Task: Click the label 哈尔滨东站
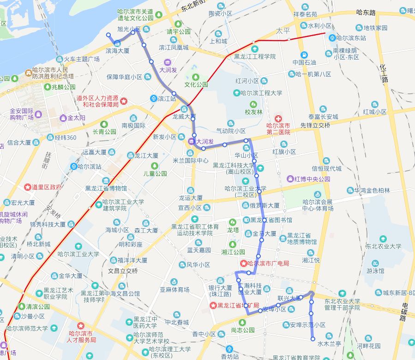(351, 38)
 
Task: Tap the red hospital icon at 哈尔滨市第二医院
(278, 119)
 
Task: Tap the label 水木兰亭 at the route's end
(329, 344)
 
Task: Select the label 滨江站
(167, 98)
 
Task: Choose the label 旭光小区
(129, 29)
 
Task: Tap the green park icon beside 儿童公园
(155, 166)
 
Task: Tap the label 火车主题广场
(81, 59)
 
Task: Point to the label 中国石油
(304, 62)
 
